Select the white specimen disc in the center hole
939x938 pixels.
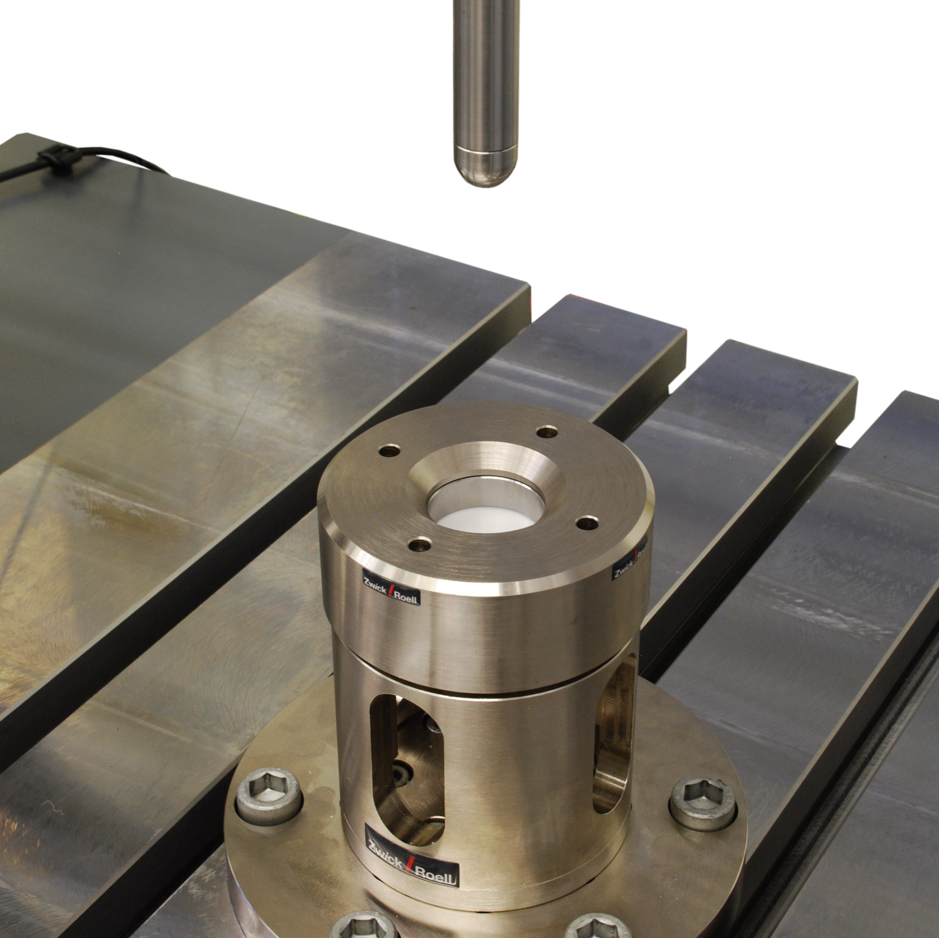click(485, 521)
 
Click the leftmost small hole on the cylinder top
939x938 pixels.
click(389, 451)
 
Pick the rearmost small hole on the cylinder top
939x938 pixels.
click(547, 431)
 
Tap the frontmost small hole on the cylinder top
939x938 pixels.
click(420, 546)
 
